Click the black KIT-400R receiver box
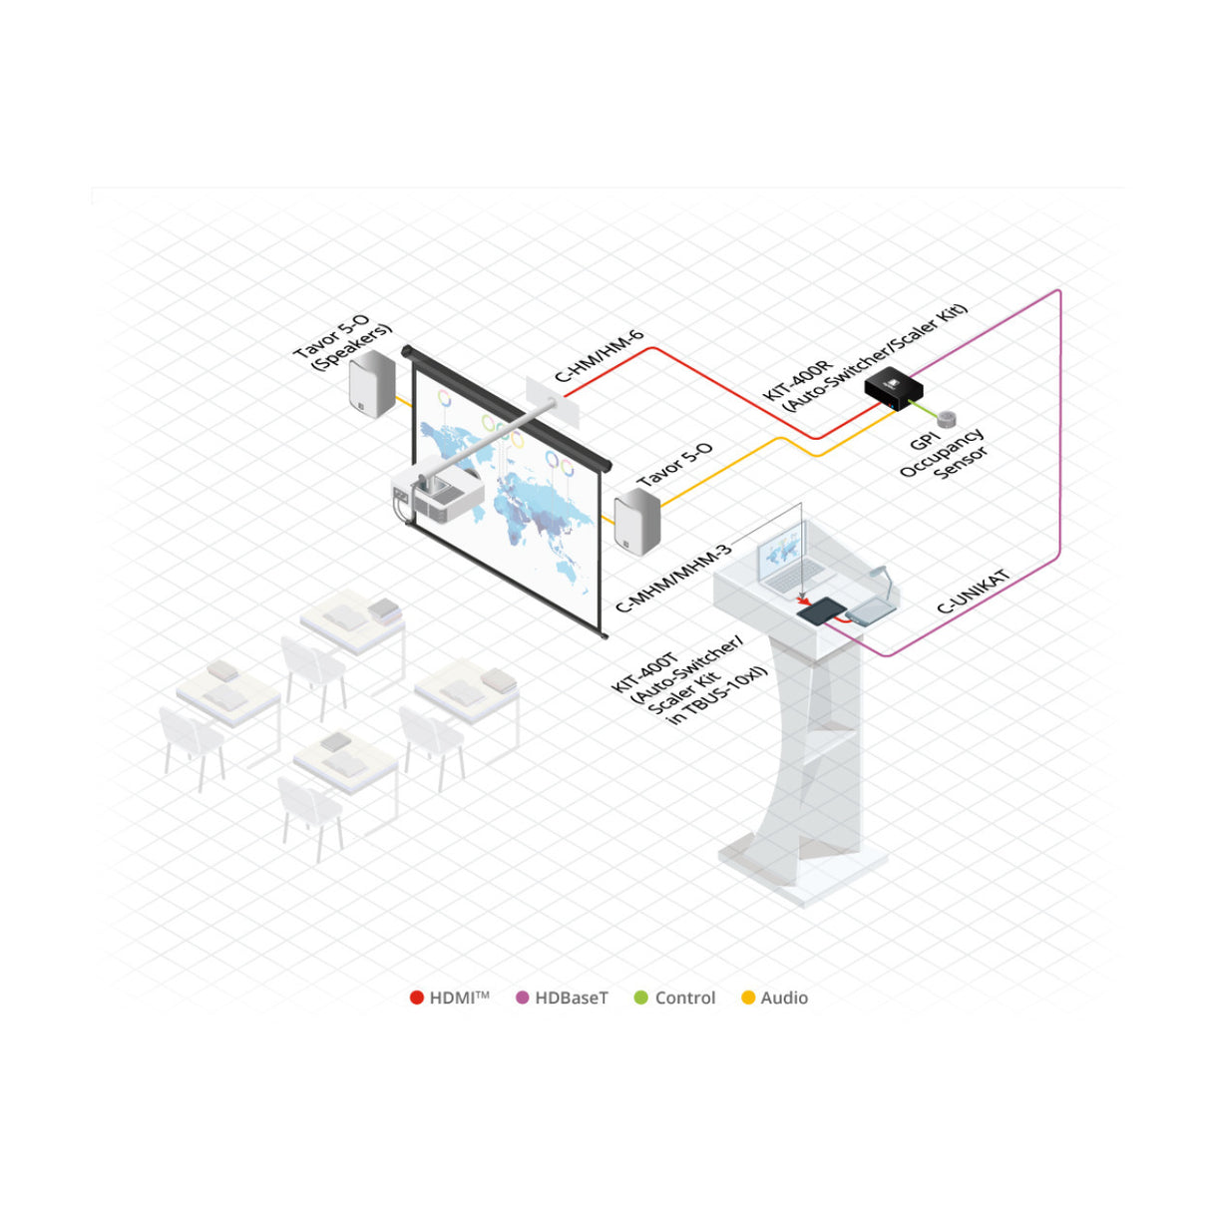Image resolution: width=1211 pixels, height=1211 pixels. pos(894,387)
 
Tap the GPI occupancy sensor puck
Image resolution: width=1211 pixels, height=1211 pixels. pos(947,418)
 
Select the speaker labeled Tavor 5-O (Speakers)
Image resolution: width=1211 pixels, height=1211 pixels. pos(372,387)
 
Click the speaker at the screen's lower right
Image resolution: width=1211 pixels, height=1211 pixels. pos(637,522)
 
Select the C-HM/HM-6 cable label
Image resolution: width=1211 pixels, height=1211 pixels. pos(600,356)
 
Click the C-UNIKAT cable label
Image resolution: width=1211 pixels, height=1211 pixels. pos(974,592)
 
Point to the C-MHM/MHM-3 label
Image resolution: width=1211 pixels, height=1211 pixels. pos(673,579)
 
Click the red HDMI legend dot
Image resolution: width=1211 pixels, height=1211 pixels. pos(417,998)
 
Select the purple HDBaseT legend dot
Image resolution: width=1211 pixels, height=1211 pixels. pos(522,998)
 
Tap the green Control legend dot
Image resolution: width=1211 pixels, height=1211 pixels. pos(641,998)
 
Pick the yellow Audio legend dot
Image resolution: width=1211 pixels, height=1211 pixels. pos(748,998)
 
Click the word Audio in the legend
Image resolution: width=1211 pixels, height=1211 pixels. pos(784,998)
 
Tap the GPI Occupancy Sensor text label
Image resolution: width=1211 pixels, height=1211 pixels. pos(944,455)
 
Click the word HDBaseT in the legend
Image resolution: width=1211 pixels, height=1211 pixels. pos(571,998)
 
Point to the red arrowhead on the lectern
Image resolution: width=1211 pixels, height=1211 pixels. pos(804,601)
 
